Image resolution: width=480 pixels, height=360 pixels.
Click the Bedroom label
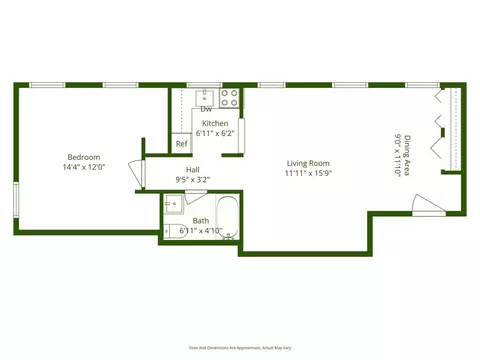(x=83, y=157)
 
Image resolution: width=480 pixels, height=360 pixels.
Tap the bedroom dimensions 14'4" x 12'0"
(x=83, y=168)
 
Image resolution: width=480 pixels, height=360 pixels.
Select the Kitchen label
(x=215, y=123)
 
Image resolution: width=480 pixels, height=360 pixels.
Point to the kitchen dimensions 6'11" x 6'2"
(x=215, y=133)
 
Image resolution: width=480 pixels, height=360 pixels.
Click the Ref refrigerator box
(x=181, y=144)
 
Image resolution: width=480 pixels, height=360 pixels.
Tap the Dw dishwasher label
(x=206, y=109)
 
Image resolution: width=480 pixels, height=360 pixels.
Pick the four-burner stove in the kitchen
(x=230, y=98)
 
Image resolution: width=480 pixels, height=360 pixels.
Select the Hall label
(x=192, y=170)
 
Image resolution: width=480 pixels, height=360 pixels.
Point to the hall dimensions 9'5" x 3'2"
(x=192, y=180)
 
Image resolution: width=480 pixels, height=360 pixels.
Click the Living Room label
(x=308, y=163)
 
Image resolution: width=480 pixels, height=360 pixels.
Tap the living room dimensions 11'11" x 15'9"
(x=308, y=173)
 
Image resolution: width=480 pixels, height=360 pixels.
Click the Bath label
(x=201, y=221)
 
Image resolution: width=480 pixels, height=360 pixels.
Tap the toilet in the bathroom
(x=172, y=230)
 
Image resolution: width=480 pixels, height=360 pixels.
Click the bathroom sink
(x=173, y=205)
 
